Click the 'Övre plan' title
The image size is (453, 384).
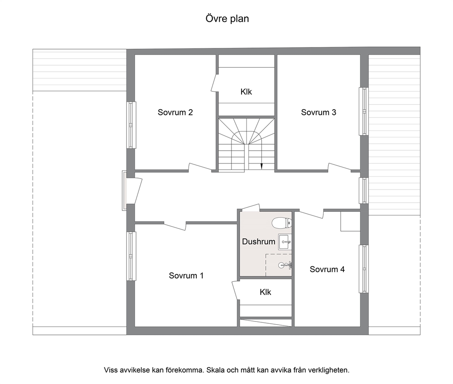coord(227,19)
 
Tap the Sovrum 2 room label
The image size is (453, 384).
coord(175,112)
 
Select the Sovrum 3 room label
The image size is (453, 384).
coord(318,112)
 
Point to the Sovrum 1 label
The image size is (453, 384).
coord(186,275)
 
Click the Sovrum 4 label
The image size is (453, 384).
coord(327,269)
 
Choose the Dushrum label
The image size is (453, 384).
coord(258,242)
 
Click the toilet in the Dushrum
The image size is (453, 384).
coord(282,223)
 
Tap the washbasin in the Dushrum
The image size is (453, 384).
coord(285,242)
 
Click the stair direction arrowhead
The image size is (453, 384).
coord(262,166)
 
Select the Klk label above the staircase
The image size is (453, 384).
coord(246,92)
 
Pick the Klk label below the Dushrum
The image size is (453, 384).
coord(265,292)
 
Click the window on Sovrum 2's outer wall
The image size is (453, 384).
coord(132,125)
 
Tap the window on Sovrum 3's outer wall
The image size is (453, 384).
coord(364,111)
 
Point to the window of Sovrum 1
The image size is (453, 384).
coord(132,256)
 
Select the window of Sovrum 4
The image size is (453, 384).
coord(364,269)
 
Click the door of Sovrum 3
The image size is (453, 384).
coord(339,167)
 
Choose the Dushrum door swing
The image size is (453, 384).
coord(250,207)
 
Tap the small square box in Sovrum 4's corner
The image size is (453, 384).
coord(350,221)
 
